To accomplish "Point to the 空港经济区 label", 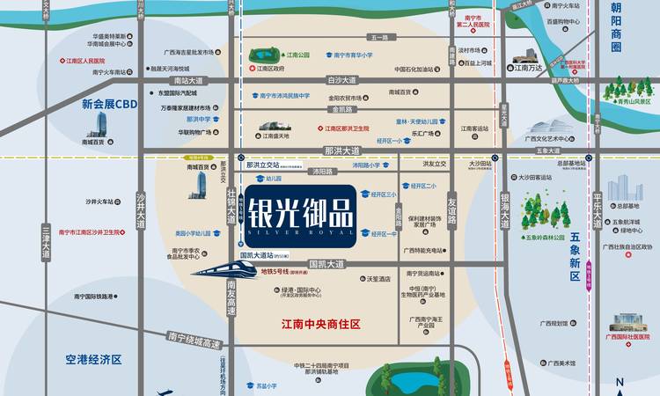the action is pyautogui.click(x=92, y=360).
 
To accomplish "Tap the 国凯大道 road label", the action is pyautogui.click(x=326, y=263).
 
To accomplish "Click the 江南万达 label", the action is pyautogui.click(x=528, y=67).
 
